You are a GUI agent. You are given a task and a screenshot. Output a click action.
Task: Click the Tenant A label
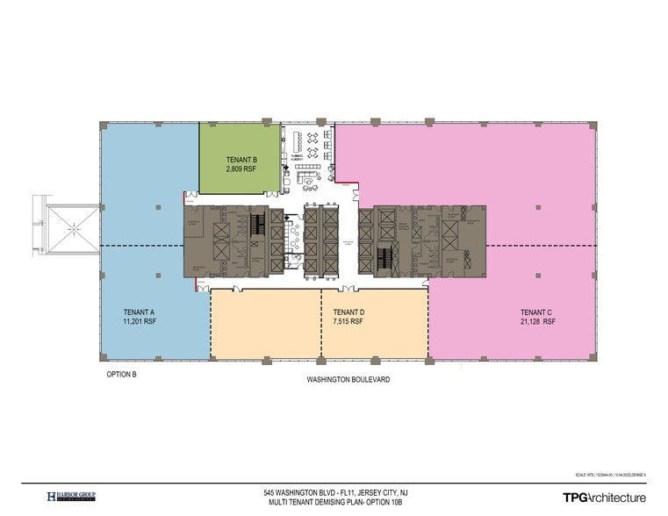(140, 312)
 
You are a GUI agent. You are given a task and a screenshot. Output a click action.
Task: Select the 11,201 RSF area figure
(140, 321)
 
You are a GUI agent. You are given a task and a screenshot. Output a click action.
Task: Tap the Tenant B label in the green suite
(241, 159)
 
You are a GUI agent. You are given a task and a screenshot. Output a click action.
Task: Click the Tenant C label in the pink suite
(537, 312)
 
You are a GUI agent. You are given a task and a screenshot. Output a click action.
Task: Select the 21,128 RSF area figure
(537, 321)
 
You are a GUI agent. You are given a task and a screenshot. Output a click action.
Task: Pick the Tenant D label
(348, 312)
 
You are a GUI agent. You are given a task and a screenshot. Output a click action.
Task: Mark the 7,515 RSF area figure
(348, 321)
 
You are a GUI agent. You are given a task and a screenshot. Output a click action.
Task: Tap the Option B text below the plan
(122, 374)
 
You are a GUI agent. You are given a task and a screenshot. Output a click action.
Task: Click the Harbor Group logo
(71, 497)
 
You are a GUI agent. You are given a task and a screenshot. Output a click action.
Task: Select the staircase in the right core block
(384, 259)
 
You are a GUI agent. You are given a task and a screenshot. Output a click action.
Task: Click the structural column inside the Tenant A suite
(157, 207)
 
